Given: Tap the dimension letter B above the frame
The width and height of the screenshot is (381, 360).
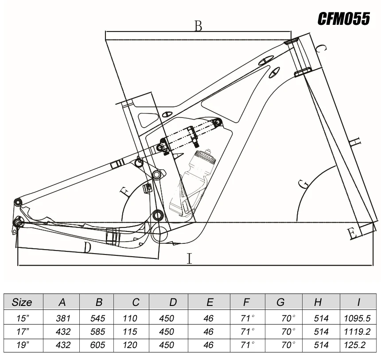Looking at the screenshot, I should click(198, 26).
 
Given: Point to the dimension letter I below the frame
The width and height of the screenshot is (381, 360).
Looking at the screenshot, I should click(190, 258).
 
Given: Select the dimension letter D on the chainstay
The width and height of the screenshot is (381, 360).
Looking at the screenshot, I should click(87, 247).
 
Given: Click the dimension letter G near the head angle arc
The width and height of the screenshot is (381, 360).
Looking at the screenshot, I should click(303, 184).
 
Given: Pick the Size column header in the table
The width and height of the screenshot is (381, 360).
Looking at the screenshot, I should click(22, 302).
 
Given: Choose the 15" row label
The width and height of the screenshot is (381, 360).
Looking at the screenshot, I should click(22, 318).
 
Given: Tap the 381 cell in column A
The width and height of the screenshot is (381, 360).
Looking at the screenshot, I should click(62, 318).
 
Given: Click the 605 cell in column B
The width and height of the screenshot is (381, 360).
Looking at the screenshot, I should click(99, 345).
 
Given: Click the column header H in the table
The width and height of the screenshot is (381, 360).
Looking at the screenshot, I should click(318, 302).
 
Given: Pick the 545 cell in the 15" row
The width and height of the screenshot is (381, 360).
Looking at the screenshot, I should click(99, 318).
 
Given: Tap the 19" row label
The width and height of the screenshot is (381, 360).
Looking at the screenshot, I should click(22, 345).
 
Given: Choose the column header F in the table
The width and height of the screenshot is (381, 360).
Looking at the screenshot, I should click(247, 302).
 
